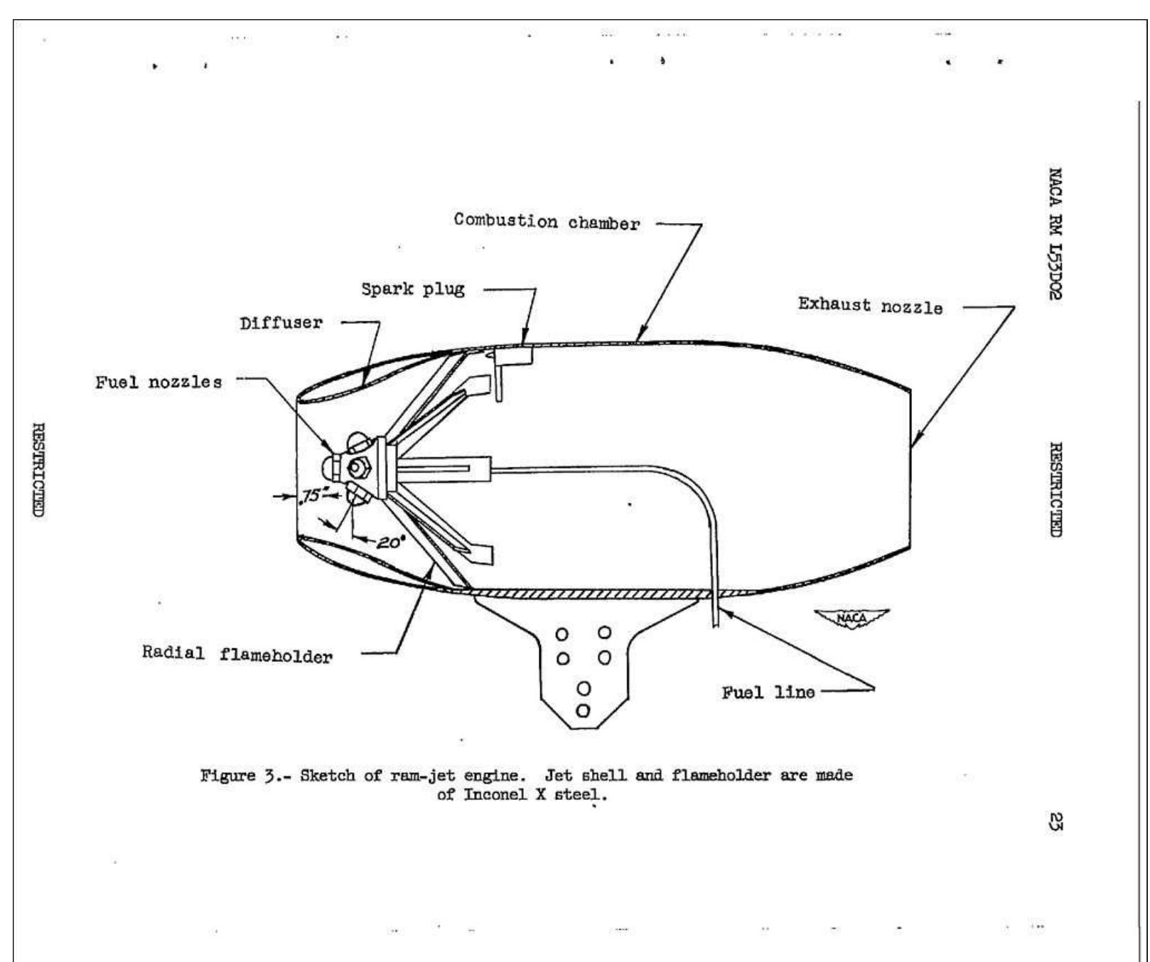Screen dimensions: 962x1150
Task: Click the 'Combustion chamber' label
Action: coord(547,221)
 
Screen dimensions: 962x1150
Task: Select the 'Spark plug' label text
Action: coord(412,289)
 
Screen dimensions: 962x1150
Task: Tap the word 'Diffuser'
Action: coord(281,323)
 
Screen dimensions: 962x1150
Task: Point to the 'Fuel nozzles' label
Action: coord(158,382)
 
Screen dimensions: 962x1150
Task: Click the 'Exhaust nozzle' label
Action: coord(870,306)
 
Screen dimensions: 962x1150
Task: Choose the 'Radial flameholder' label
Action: coord(237,654)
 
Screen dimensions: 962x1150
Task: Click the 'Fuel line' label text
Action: coord(768,692)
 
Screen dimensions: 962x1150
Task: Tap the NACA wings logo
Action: coord(851,618)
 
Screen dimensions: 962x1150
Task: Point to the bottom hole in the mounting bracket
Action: coord(583,710)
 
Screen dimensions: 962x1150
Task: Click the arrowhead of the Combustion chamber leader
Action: coord(640,338)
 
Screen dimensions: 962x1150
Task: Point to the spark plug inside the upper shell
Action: coord(500,373)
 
